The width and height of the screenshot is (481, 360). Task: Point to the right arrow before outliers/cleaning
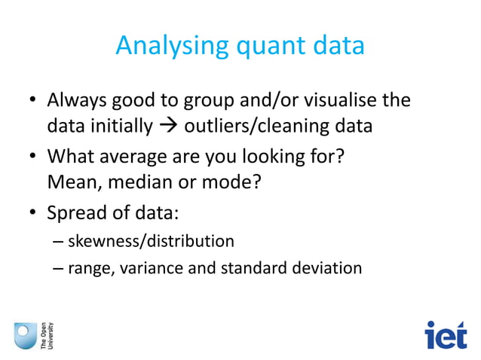coord(168,127)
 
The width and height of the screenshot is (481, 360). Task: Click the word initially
coord(121,127)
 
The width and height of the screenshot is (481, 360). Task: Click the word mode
coord(224,183)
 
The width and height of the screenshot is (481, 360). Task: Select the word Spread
coord(74,213)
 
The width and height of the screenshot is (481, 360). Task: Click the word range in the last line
coord(87,268)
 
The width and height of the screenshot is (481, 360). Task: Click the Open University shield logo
coord(25,334)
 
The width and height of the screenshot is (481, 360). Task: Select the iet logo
coord(446,335)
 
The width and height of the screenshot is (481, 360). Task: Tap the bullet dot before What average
coord(32,158)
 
